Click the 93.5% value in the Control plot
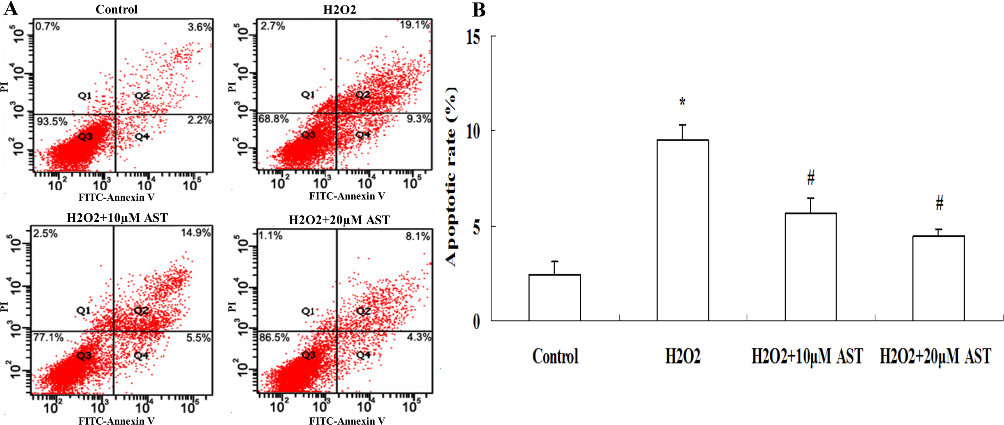pyautogui.click(x=52, y=122)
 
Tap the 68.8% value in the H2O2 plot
pyautogui.click(x=274, y=119)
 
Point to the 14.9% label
pyautogui.click(x=196, y=233)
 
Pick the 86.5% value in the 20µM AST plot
pyautogui.click(x=274, y=337)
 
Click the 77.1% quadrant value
pyautogui.click(x=48, y=337)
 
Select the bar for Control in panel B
pyautogui.click(x=554, y=298)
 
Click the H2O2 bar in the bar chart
pyautogui.click(x=683, y=230)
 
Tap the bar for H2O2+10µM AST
pyautogui.click(x=810, y=267)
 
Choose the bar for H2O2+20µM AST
pyautogui.click(x=938, y=278)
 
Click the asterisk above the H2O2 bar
pyautogui.click(x=683, y=102)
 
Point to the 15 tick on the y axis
pyautogui.click(x=473, y=38)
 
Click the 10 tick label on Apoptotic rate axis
pyautogui.click(x=473, y=131)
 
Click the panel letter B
pyautogui.click(x=478, y=9)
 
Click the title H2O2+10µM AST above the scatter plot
pyautogui.click(x=117, y=217)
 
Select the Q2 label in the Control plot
pyautogui.click(x=142, y=95)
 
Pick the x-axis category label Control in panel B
pyautogui.click(x=555, y=356)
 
